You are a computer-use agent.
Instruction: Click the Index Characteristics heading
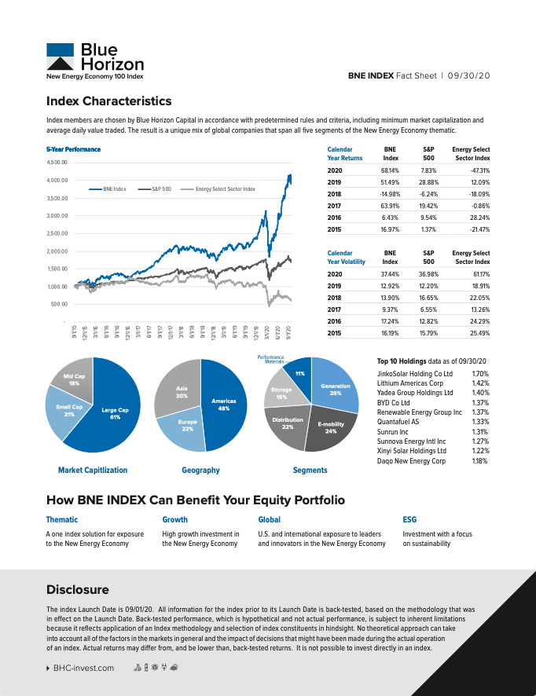pyautogui.click(x=108, y=101)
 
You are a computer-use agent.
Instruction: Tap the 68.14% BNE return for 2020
pyautogui.click(x=390, y=170)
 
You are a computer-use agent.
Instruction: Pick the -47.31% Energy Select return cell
pyautogui.click(x=479, y=170)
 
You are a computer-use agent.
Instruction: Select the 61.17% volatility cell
pyautogui.click(x=479, y=274)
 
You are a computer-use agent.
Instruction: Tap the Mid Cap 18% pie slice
pyautogui.click(x=73, y=379)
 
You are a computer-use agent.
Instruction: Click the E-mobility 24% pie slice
pyautogui.click(x=330, y=428)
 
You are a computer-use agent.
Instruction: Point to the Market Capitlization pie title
pyautogui.click(x=93, y=470)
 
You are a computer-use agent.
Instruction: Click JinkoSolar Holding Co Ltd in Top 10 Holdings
pyautogui.click(x=415, y=374)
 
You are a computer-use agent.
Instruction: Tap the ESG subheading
pyautogui.click(x=409, y=519)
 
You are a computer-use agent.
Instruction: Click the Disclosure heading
pyautogui.click(x=78, y=589)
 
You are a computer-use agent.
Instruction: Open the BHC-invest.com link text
pyautogui.click(x=83, y=668)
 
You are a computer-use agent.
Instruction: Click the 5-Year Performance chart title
pyautogui.click(x=74, y=149)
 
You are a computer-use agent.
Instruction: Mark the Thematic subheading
pyautogui.click(x=62, y=519)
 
